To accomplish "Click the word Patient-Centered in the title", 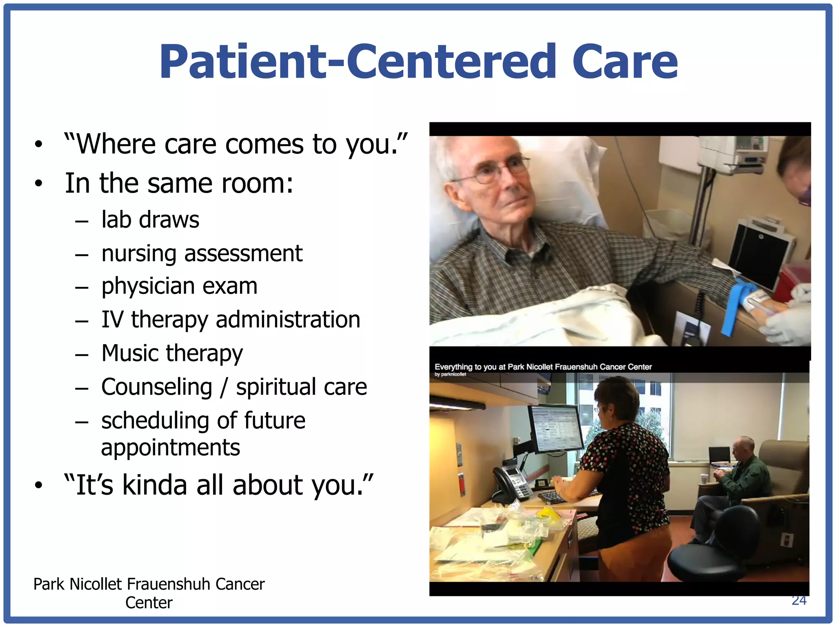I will coord(358,62).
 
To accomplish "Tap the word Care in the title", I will coord(625,62).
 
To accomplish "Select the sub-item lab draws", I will coord(150,220).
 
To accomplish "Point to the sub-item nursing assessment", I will coord(202,253).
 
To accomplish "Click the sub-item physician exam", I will coord(179,286).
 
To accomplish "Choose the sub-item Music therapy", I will coord(172,353).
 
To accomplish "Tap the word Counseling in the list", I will coord(157,387).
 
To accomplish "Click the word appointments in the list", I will coord(170,448).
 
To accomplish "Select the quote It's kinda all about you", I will coord(218,485).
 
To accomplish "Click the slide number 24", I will coord(799,601).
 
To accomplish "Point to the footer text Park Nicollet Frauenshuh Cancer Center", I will coord(149,593).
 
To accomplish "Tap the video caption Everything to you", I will coord(543,367).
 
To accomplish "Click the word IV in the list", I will coord(112,320).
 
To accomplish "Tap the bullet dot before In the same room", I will coord(38,184).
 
